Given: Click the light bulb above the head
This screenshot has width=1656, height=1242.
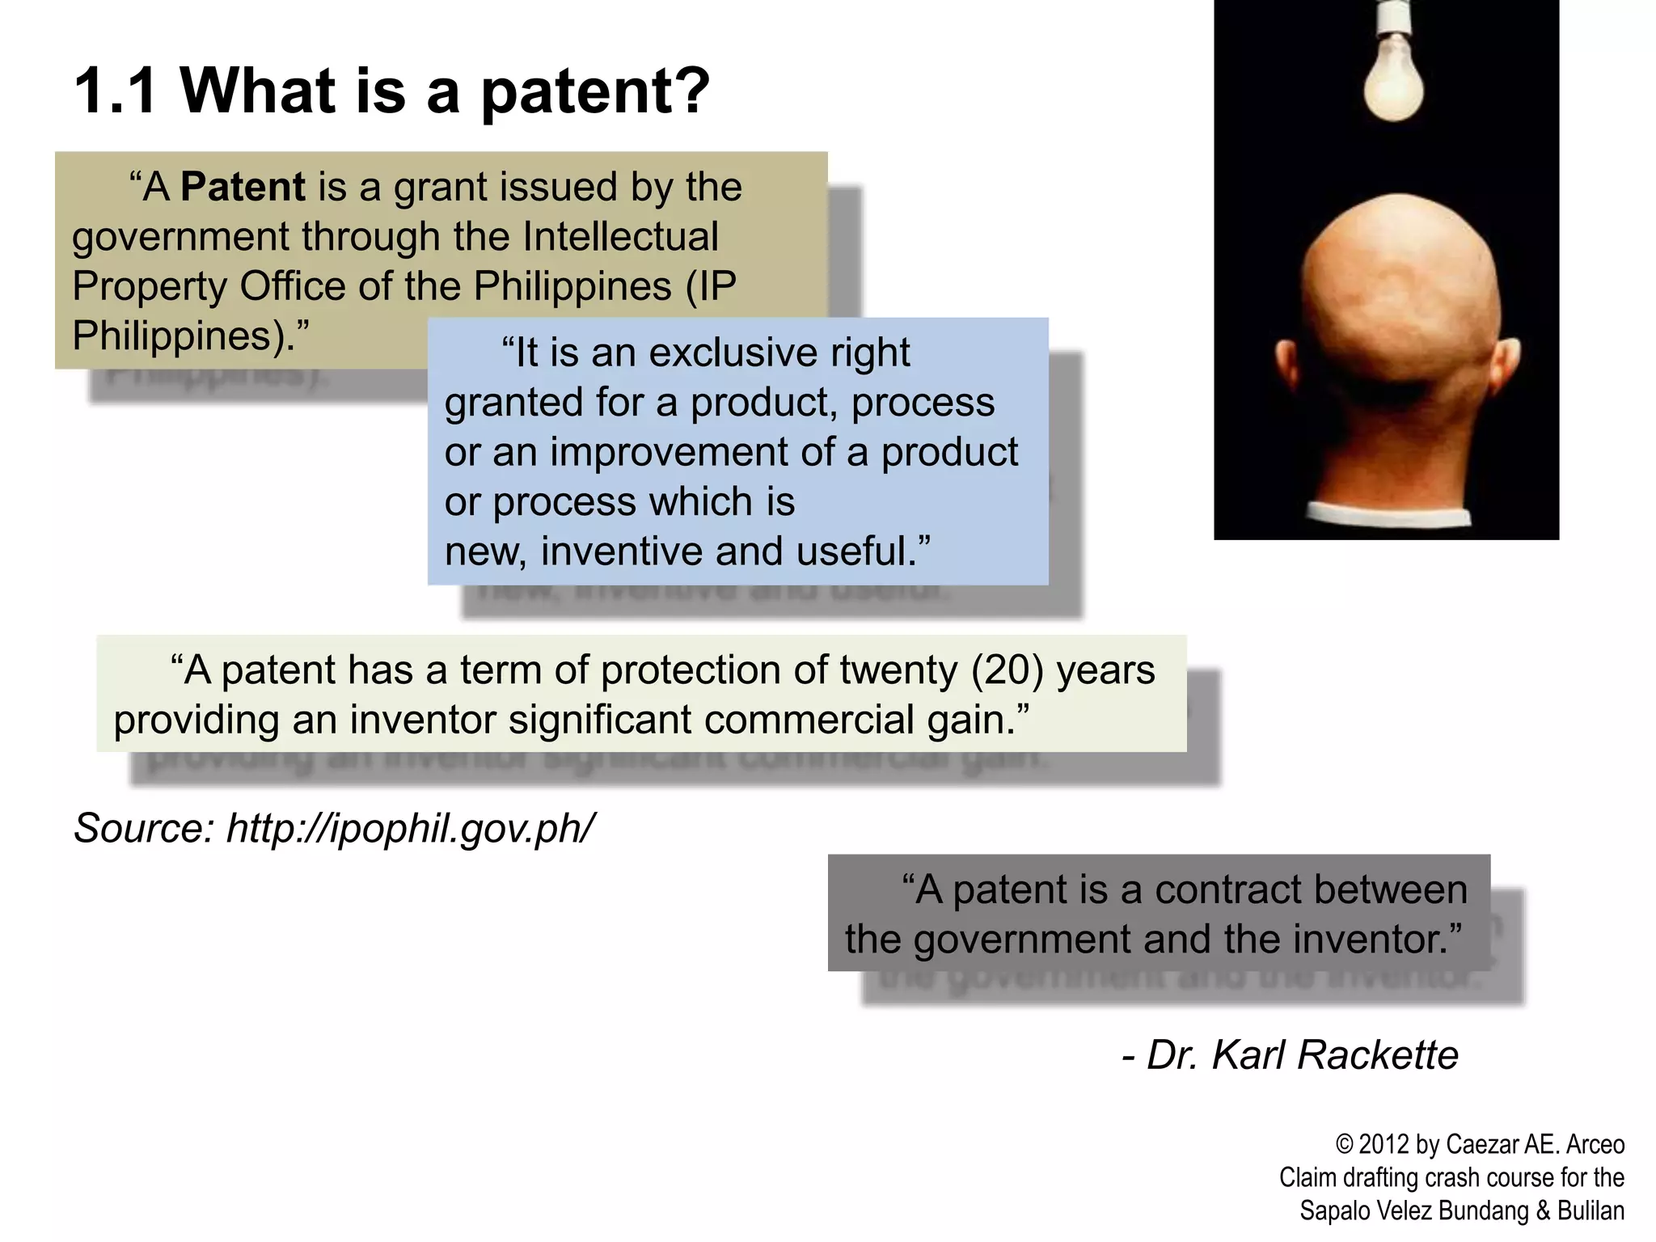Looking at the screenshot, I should coord(1393,77).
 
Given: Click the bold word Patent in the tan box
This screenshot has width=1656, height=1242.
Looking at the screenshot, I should coord(243,187).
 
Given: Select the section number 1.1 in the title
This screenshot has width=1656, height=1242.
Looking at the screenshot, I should coord(115,91).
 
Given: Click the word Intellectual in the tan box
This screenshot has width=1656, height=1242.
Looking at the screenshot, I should coord(620,237).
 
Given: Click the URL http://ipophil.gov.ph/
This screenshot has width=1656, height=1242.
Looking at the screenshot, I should coord(411,828).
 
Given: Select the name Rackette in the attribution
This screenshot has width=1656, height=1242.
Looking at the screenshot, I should coord(1378,1055).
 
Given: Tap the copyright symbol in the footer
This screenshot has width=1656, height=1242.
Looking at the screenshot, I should coord(1344,1145).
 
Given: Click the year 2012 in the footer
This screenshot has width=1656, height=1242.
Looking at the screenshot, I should coord(1384,1145).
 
